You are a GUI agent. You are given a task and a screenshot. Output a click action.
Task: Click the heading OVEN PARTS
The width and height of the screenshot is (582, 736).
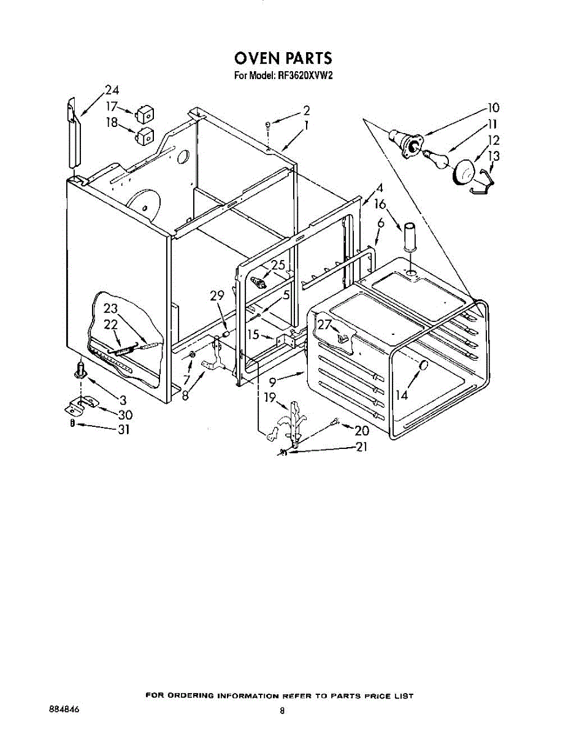283,58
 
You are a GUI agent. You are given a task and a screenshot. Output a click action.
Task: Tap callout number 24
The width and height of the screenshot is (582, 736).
112,90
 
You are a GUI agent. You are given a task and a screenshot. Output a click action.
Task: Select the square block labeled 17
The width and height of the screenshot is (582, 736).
145,113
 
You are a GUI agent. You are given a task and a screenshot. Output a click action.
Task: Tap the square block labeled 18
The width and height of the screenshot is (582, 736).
145,135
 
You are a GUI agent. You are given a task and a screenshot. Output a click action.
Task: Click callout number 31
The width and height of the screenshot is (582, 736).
124,429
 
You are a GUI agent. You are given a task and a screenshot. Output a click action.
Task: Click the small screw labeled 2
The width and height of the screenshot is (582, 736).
269,126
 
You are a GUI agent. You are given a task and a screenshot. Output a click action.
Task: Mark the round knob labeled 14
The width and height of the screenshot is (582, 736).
423,366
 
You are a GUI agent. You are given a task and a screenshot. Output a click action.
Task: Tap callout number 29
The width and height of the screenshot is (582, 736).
217,295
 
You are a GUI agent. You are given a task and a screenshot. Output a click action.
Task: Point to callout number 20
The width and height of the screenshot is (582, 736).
362,431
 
